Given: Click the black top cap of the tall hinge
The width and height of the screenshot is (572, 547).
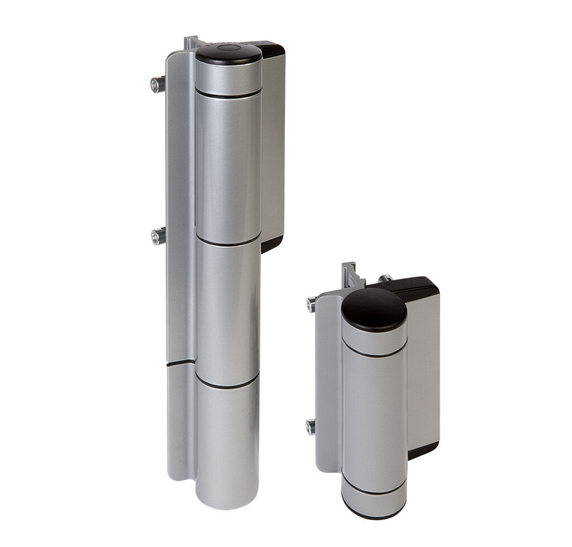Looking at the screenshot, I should click(228, 54).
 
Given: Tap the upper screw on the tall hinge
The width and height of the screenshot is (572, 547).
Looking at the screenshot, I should click(157, 84).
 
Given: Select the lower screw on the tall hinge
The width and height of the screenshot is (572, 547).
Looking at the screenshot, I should click(157, 236).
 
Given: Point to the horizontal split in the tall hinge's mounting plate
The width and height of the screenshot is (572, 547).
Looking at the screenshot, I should click(180, 364).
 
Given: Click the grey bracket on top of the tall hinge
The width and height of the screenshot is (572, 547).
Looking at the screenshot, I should click(192, 42).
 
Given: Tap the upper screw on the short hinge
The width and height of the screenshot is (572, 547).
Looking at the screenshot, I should click(311, 305).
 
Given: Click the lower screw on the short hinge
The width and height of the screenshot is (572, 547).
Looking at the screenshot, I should click(311, 426).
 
